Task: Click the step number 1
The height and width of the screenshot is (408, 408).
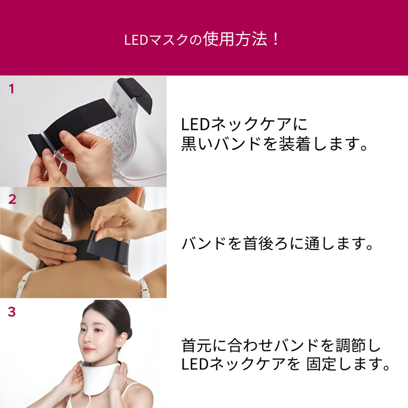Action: (12, 89)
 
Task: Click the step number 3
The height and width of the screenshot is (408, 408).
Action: (12, 312)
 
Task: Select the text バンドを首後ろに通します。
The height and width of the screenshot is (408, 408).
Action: (278, 244)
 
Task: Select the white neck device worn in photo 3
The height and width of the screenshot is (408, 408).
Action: (99, 380)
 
